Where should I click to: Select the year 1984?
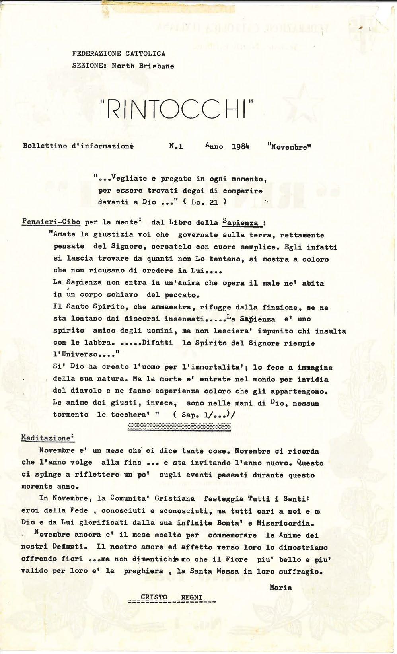(x=240, y=146)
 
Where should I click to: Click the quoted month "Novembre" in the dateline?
(x=289, y=146)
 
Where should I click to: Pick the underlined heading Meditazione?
(x=47, y=437)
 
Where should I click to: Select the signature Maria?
(x=280, y=587)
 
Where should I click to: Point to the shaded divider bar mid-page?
(x=179, y=426)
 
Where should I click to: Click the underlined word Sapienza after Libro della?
(x=240, y=223)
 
